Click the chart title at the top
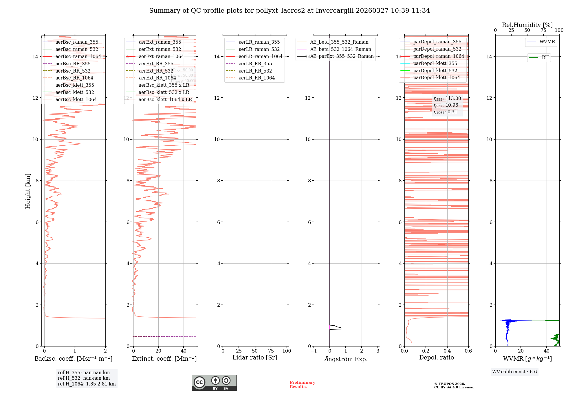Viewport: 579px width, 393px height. click(289, 11)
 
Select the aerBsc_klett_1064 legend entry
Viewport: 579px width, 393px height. click(76, 99)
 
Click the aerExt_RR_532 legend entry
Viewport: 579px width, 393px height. click(156, 71)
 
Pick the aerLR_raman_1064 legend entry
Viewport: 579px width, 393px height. click(260, 56)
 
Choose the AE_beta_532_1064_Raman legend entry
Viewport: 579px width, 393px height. click(340, 49)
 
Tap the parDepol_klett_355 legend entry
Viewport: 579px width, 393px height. click(435, 63)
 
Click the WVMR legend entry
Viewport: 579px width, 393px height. click(547, 42)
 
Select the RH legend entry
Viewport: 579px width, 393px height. click(545, 58)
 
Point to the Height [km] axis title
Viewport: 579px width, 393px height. click(28, 191)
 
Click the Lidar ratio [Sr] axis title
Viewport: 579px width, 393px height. click(255, 357)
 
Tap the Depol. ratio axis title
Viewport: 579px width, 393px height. click(436, 357)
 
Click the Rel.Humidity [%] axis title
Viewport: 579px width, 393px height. click(527, 25)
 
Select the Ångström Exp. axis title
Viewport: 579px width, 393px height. click(346, 359)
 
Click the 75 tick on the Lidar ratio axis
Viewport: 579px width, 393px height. click(271, 351)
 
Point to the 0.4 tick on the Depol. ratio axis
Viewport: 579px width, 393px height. click(447, 351)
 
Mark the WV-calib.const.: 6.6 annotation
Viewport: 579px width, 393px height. click(514, 372)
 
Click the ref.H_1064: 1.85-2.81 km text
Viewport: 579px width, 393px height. click(87, 384)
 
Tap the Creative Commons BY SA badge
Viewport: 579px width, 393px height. click(214, 383)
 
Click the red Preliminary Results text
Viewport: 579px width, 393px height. click(302, 384)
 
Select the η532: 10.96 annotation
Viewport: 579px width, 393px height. click(446, 105)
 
